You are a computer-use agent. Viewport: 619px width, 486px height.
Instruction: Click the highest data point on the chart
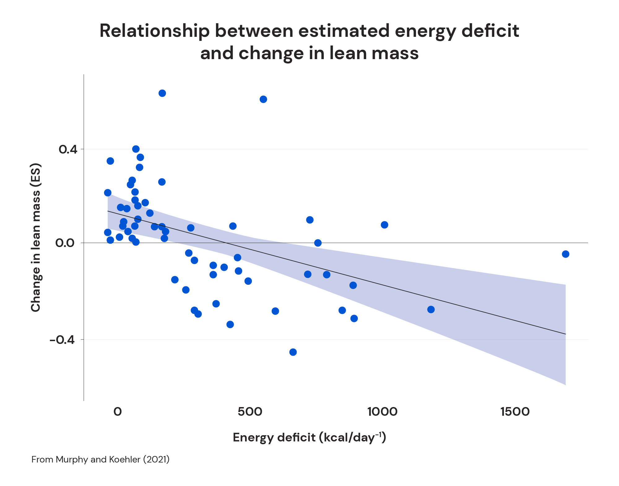click(162, 93)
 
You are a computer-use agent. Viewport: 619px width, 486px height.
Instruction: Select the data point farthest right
click(565, 254)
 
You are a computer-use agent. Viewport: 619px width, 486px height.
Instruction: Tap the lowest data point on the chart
click(293, 352)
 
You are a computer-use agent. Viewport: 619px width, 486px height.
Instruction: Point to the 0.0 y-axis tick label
click(65, 243)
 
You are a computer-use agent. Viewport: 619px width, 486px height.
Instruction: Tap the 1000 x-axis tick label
click(383, 412)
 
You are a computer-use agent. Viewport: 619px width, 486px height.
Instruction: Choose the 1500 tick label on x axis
click(515, 412)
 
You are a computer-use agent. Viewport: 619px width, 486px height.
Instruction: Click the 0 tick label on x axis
click(118, 412)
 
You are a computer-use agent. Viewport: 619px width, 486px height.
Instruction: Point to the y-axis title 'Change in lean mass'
click(36, 237)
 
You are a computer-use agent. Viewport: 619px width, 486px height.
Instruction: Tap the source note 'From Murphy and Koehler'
click(101, 459)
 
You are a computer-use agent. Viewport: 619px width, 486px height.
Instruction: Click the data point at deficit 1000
click(384, 225)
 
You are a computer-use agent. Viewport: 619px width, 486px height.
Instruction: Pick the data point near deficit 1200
click(431, 310)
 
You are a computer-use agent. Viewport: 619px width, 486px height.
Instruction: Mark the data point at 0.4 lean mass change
click(136, 149)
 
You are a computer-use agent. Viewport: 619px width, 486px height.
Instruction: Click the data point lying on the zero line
click(318, 243)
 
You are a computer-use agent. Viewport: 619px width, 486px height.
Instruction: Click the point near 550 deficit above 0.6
click(263, 99)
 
